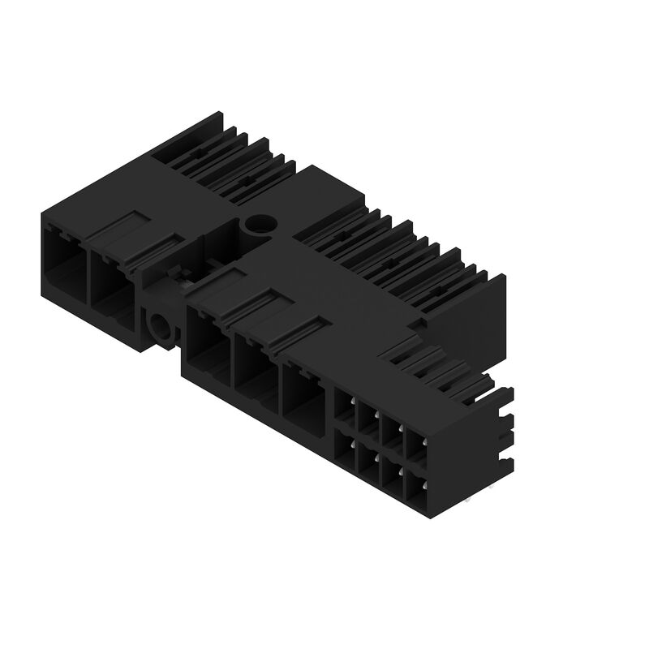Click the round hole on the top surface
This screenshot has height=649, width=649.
(x=260, y=224)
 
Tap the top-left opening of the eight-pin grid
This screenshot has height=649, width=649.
(x=346, y=408)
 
